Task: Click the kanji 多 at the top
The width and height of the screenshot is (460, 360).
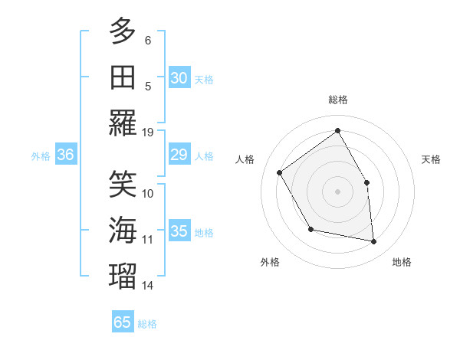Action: click(123, 33)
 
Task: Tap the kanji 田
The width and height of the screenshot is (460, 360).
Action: click(123, 77)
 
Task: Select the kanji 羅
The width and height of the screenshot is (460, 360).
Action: click(123, 123)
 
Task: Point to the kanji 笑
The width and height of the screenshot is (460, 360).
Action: click(123, 184)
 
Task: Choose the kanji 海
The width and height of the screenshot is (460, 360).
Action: click(123, 230)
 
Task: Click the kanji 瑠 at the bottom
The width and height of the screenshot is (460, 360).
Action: click(123, 275)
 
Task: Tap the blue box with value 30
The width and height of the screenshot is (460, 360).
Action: click(179, 78)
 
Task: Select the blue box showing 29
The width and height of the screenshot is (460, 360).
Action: click(179, 155)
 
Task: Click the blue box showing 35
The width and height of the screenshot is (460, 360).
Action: click(179, 231)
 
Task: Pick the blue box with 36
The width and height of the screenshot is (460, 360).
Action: click(66, 155)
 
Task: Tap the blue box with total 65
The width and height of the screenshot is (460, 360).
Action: click(123, 322)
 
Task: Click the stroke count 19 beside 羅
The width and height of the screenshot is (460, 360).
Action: click(148, 132)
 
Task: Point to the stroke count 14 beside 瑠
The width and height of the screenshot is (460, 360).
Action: click(148, 286)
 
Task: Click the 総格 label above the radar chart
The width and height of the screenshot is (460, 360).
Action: click(337, 100)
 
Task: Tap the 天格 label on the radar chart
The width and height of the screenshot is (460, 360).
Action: click(431, 159)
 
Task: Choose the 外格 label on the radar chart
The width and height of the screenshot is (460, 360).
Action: click(270, 262)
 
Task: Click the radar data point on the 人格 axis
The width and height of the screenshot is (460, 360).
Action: click(280, 172)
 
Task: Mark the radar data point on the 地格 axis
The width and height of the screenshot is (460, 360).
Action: click(374, 242)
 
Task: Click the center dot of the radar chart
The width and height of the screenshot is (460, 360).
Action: click(337, 191)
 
